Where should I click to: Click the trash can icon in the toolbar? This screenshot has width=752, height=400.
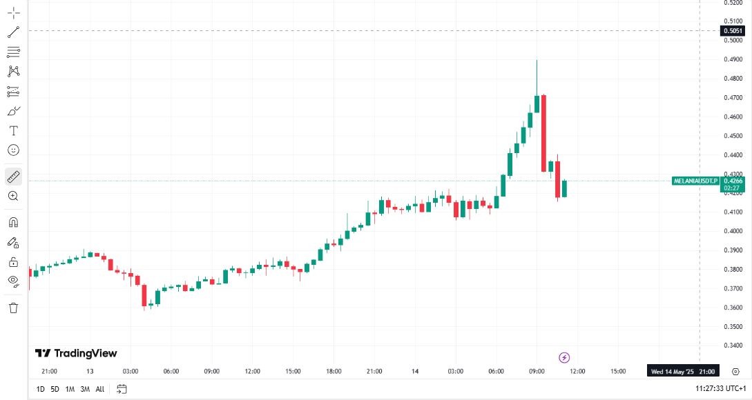pos(13,308)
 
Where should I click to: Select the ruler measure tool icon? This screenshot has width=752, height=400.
pos(13,177)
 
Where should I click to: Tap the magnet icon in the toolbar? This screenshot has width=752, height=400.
pos(13,222)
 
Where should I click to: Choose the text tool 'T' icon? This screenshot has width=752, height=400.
pos(13,130)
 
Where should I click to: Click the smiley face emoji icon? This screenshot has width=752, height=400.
pos(13,150)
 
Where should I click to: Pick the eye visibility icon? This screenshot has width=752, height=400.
pos(13,281)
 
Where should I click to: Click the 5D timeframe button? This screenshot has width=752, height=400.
pos(55,389)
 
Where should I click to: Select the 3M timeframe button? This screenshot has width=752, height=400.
pos(85,389)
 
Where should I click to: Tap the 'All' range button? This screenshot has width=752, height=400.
pos(100,389)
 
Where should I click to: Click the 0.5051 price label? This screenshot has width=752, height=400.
pos(733,30)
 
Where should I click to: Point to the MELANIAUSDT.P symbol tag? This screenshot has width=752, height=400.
pos(695,181)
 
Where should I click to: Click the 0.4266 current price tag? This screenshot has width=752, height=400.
pos(733,181)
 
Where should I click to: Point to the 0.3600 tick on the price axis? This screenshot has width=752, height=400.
pos(733,308)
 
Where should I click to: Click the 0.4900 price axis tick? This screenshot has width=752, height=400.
pos(733,59)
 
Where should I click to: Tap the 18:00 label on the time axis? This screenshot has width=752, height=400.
pos(334,371)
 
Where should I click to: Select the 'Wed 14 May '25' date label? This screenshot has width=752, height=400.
pos(673,371)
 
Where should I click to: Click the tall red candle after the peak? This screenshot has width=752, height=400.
pos(543,132)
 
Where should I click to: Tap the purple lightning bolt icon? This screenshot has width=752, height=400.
pos(564,357)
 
